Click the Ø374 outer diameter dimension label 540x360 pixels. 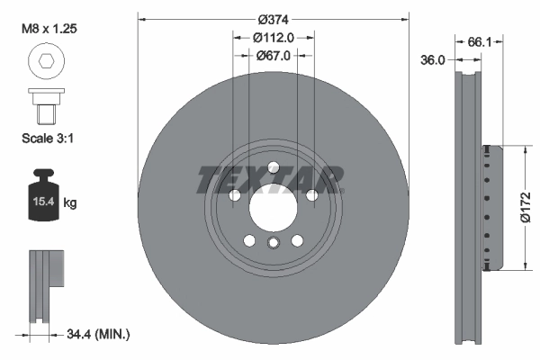[x=272, y=20]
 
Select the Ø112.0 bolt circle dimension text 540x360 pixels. [x=272, y=38]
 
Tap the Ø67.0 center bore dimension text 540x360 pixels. [x=272, y=56]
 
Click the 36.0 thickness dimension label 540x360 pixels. [x=435, y=59]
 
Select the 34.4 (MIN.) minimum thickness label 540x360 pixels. [x=99, y=334]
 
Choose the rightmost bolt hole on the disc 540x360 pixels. [x=310, y=195]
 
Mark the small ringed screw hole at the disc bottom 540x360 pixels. [x=272, y=242]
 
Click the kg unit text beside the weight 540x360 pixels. [x=70, y=204]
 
